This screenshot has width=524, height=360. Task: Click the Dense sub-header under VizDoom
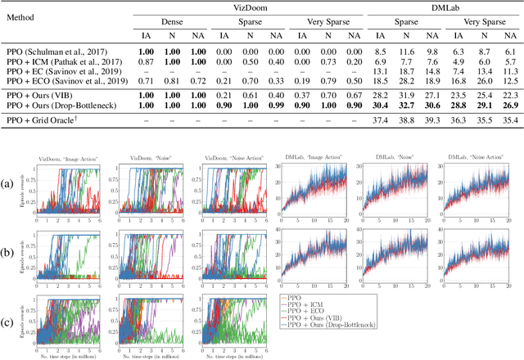pyautogui.click(x=162, y=23)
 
